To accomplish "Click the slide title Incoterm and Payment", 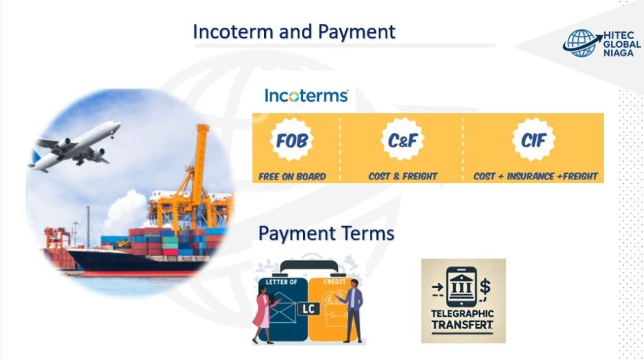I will tap(294, 31).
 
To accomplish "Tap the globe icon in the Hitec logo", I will tap(579, 43).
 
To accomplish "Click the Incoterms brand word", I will tap(306, 96).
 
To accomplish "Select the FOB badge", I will tap(292, 140).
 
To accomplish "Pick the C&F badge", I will tap(402, 140).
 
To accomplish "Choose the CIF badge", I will tap(533, 140).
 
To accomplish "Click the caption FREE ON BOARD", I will tap(292, 176).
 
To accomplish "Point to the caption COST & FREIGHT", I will tap(402, 176).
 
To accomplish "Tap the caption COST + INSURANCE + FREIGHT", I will tap(535, 176).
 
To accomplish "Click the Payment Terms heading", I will tap(326, 233).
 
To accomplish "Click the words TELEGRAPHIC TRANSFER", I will tap(463, 319).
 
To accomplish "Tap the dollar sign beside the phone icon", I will tap(484, 286).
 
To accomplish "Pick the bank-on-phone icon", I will tap(461, 286).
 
